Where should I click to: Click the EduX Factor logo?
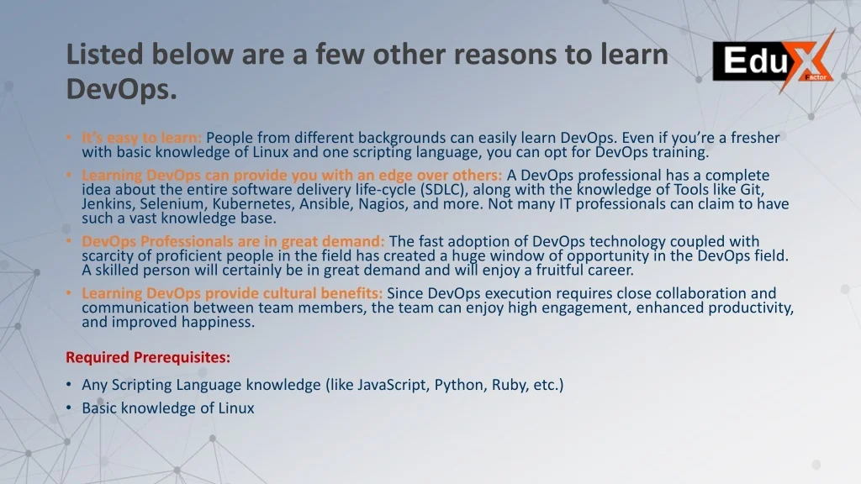coord(774,60)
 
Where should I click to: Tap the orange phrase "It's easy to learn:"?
coord(141,138)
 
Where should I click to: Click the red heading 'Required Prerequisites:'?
coord(148,357)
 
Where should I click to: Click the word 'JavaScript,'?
coord(394,385)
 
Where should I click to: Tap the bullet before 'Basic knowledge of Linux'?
coord(69,408)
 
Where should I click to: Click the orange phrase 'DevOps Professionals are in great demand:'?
coord(234,241)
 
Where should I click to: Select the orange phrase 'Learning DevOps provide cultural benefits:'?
coord(232,293)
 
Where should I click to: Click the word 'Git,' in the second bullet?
coord(752,190)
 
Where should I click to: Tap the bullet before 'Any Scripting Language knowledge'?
coord(69,385)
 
